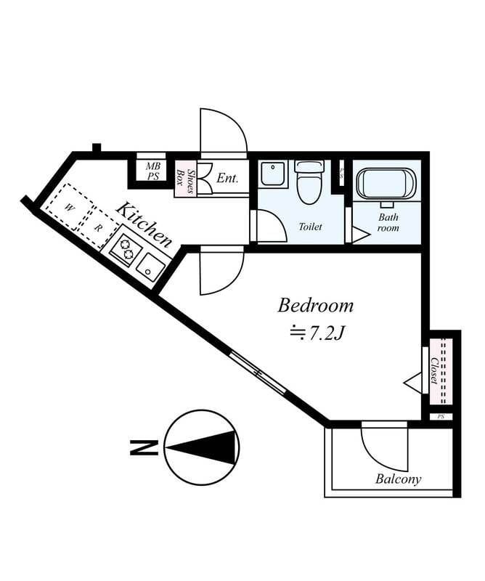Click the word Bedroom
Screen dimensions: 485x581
[x=315, y=306]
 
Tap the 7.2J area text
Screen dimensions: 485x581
[x=317, y=334]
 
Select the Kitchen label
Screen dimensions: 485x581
[x=144, y=225]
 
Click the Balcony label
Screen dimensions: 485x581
[x=399, y=479]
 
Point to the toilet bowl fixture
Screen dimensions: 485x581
[x=310, y=182]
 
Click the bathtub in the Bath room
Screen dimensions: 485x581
[x=386, y=184]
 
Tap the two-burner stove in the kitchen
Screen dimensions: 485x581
[x=125, y=249]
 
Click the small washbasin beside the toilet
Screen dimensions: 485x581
[x=273, y=173]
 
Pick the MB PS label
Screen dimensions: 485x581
[x=152, y=171]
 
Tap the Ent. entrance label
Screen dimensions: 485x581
[x=227, y=178]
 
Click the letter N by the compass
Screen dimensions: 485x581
[x=144, y=447]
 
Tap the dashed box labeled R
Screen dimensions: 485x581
[x=98, y=227]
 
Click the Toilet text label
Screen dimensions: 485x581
[x=310, y=227]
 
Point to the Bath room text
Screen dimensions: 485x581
[x=388, y=222]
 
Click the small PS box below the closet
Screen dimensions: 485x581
[x=441, y=416]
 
